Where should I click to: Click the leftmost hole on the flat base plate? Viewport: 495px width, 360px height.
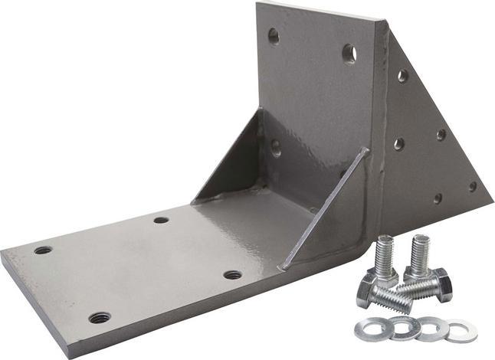point(43,250)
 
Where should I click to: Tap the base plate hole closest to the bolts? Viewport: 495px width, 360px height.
point(233,274)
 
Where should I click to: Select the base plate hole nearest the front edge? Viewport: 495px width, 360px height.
point(100,317)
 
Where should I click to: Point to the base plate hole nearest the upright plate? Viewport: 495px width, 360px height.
point(161,220)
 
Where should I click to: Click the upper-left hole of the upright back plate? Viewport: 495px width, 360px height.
point(273,35)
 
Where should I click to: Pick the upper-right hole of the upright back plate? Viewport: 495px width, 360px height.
point(349,54)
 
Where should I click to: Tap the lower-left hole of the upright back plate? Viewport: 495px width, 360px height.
point(275,146)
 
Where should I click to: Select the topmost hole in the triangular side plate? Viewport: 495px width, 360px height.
point(402,75)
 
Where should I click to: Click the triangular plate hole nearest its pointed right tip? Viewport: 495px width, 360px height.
point(473,186)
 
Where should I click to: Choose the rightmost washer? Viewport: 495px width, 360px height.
point(461,331)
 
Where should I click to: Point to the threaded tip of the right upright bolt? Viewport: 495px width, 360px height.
point(418,242)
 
